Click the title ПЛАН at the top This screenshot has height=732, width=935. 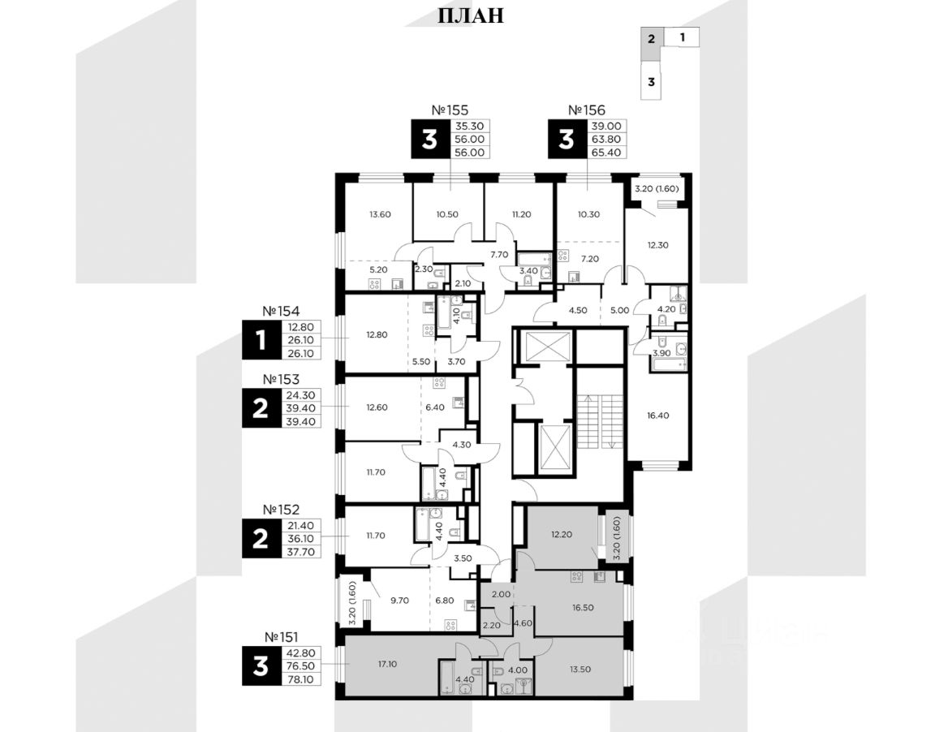471,15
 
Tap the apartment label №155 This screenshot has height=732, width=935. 450,110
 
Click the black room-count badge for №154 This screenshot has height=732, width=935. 260,340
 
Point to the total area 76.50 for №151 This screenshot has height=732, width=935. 300,666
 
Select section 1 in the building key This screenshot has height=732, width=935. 682,37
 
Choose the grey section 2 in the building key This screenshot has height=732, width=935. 650,37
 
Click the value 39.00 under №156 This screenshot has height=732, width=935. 606,126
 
